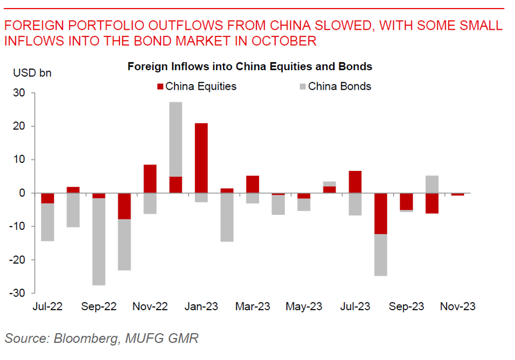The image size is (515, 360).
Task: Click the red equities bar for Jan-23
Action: tap(201, 158)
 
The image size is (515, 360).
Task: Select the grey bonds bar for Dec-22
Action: tap(175, 139)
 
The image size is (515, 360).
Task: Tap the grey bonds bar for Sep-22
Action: tap(98, 242)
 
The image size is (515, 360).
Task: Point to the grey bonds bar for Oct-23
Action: tap(432, 184)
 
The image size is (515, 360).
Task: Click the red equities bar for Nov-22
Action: tap(150, 178)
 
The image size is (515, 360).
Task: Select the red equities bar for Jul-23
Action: tap(355, 182)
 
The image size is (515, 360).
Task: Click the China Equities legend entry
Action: tap(197, 86)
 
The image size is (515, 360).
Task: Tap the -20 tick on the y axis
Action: tap(18, 260)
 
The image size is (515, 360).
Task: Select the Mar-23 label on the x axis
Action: tap(252, 307)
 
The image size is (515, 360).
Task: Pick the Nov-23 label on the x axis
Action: tap(458, 307)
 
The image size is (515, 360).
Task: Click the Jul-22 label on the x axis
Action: tap(47, 307)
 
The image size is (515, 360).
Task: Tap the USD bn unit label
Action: tap(32, 73)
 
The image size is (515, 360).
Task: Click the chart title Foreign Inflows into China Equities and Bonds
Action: tap(249, 66)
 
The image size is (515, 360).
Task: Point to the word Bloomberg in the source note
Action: tap(83, 338)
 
